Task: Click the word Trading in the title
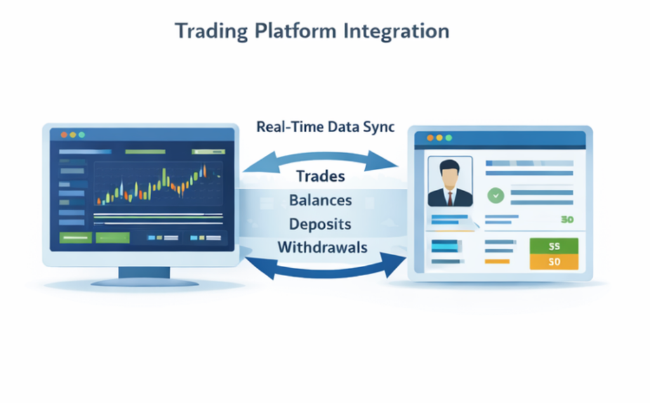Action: pos(211,32)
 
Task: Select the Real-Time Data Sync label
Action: pos(326,127)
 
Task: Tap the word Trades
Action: pos(321,176)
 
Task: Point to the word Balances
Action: pos(321,201)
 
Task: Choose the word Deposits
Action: pos(320,224)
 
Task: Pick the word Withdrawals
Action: pos(322,248)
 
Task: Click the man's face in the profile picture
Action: pos(450,176)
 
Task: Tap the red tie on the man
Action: pos(450,199)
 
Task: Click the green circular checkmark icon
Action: pos(496,195)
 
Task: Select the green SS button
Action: pos(554,246)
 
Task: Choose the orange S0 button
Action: pos(554,262)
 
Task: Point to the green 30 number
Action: pos(567,220)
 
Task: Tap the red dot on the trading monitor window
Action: pos(64,135)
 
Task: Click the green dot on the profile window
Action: pos(449,138)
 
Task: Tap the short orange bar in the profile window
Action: pos(497,261)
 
